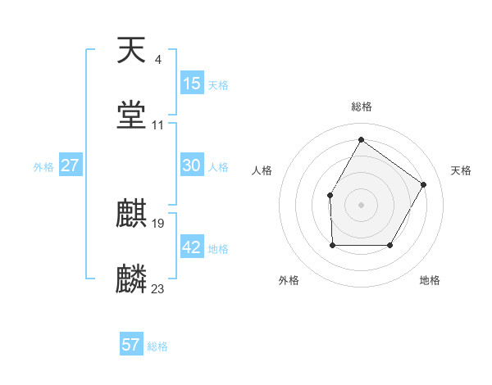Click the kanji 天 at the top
click(132, 51)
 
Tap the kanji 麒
click(132, 215)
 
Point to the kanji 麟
click(132, 279)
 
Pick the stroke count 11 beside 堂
click(157, 125)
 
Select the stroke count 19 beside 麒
click(158, 223)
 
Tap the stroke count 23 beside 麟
click(158, 288)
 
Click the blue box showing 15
click(192, 84)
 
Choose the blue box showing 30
click(192, 165)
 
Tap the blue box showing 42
click(192, 247)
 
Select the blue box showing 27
click(71, 165)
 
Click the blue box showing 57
click(131, 345)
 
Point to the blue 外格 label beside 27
click(43, 167)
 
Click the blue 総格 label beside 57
click(157, 346)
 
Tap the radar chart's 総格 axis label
click(361, 106)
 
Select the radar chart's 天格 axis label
click(461, 170)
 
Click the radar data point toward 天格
click(423, 184)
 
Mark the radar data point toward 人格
click(330, 195)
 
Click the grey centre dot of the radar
click(361, 204)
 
